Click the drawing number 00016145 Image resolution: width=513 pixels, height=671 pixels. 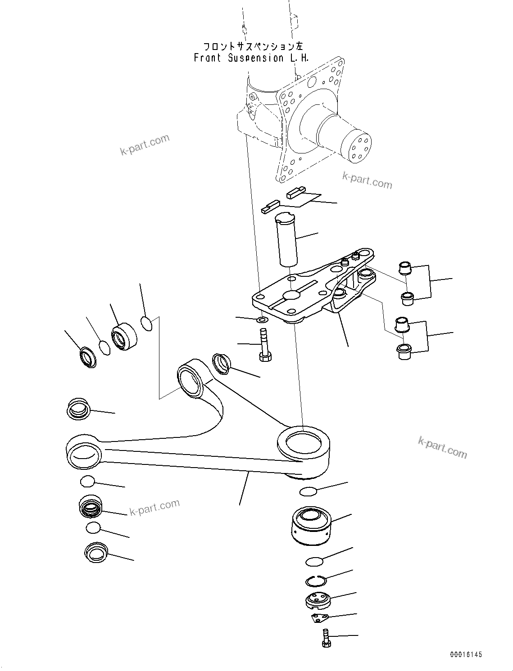point(465,654)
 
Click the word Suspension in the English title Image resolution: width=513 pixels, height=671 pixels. point(256,58)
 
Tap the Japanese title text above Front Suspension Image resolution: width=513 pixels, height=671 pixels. point(253,46)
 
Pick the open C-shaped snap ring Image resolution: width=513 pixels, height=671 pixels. point(316,581)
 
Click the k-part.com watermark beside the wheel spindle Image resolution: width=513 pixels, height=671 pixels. point(367,180)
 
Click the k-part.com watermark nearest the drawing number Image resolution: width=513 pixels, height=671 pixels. point(442,447)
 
